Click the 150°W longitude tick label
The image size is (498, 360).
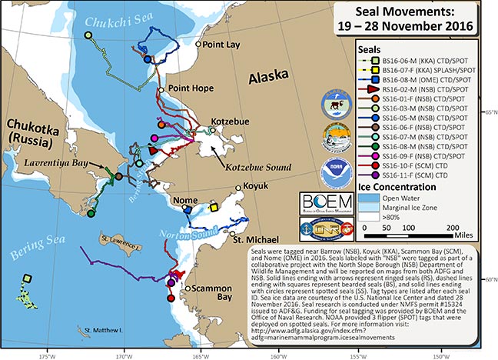(x=440, y=355)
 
